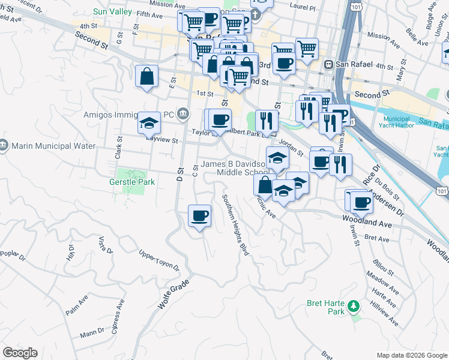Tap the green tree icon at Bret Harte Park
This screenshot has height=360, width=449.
coord(354,307)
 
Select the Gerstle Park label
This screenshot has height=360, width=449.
coord(131,182)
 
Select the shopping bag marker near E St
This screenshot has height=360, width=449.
coord(146,76)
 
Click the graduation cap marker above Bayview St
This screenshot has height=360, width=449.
coord(149,123)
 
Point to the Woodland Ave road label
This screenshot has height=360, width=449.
coord(366,223)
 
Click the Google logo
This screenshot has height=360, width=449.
coord(20,353)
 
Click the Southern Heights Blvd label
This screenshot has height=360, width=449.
coord(235,224)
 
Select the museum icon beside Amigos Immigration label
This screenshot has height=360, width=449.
coord(183,113)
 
